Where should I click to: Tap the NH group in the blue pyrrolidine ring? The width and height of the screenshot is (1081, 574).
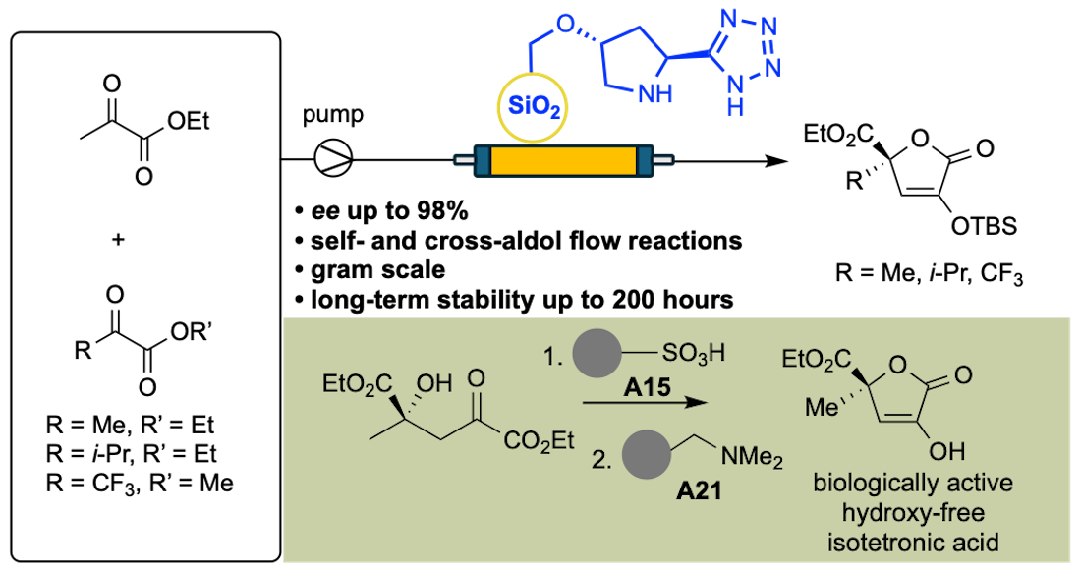(655, 93)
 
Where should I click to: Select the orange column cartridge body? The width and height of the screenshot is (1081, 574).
(562, 159)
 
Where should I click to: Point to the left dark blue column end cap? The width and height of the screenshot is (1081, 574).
(483, 159)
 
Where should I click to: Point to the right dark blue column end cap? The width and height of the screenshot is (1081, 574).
(645, 159)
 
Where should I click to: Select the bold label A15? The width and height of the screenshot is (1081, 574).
(646, 389)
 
